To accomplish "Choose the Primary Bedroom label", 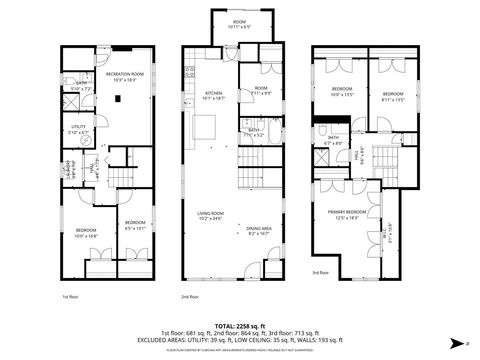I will tap(346, 214).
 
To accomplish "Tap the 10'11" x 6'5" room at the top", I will tap(240, 24).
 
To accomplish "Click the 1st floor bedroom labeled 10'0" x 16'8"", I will tap(86, 233).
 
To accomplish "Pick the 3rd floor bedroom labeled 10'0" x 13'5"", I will tap(343, 93).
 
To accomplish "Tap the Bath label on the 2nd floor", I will tap(254, 132).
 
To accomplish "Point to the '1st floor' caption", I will tap(70, 297).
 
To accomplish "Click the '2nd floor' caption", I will tap(190, 297).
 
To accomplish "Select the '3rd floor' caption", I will tap(320, 272).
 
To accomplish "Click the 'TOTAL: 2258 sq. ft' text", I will tap(240, 323).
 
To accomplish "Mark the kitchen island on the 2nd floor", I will tap(205, 127).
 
